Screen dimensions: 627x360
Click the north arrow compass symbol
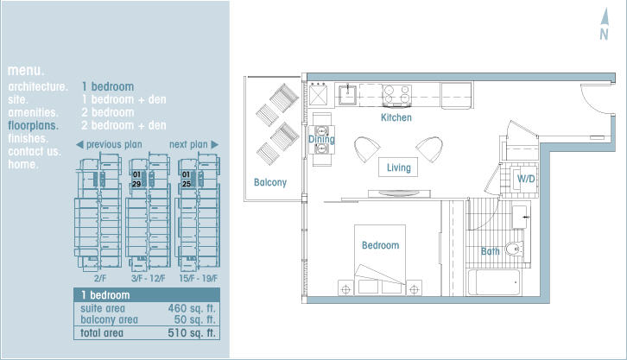[605, 24]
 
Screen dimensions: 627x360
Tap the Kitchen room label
[396, 117]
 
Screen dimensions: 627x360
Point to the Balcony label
[270, 183]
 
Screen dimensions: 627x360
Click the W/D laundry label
[526, 179]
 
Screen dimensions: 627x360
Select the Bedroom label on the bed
[380, 245]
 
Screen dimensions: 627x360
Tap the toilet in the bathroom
[514, 249]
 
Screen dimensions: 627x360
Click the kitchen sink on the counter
[348, 94]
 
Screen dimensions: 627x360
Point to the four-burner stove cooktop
[396, 95]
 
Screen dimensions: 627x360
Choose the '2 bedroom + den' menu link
[123, 125]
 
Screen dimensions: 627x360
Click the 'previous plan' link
[109, 145]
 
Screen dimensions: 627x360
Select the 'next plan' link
[194, 145]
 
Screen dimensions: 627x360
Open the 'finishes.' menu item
[28, 138]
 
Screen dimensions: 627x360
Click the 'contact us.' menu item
[35, 151]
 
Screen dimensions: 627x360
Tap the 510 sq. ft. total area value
[192, 333]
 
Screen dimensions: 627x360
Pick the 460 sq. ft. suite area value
[192, 308]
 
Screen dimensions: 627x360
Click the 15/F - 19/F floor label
[199, 279]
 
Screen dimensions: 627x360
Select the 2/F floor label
[100, 279]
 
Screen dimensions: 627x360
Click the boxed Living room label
[398, 167]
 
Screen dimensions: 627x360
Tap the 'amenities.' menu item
[33, 113]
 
